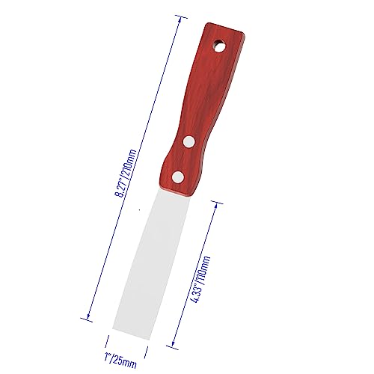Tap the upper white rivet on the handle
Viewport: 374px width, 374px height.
[x=188, y=140]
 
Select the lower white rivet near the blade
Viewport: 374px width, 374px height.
[x=178, y=177]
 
